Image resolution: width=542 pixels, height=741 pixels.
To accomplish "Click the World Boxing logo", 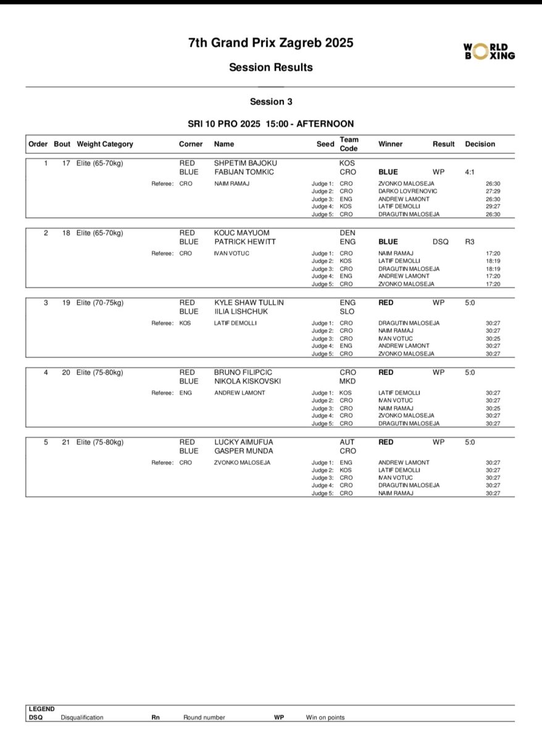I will [x=490, y=51].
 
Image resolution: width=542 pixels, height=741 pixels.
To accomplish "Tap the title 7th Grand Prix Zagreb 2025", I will [x=271, y=43].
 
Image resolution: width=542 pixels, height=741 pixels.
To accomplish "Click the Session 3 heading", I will [x=271, y=101].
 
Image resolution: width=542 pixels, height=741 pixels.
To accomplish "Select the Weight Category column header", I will [x=105, y=144].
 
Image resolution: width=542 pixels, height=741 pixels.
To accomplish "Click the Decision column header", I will [x=480, y=144].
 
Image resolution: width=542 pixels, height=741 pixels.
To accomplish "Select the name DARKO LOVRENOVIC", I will [x=408, y=191].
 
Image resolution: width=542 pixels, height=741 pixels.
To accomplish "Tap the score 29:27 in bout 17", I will [x=493, y=206].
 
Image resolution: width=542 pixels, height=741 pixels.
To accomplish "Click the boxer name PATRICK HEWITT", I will [x=244, y=242].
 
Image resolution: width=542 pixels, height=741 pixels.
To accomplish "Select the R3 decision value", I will [x=470, y=242].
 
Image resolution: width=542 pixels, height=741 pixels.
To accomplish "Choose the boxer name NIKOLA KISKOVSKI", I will [x=247, y=381].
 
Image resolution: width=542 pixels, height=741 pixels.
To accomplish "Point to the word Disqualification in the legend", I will [x=82, y=718].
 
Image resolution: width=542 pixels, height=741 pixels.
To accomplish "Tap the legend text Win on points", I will [x=325, y=718].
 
